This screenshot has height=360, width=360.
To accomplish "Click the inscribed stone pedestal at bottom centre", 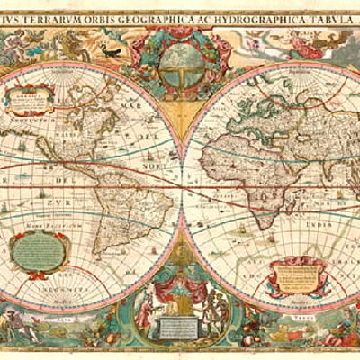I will click(x=180, y=328).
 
